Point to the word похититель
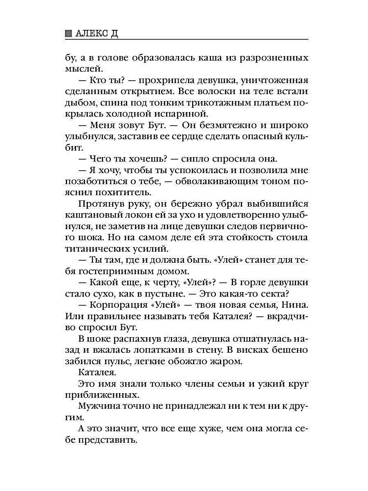click(123, 192)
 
